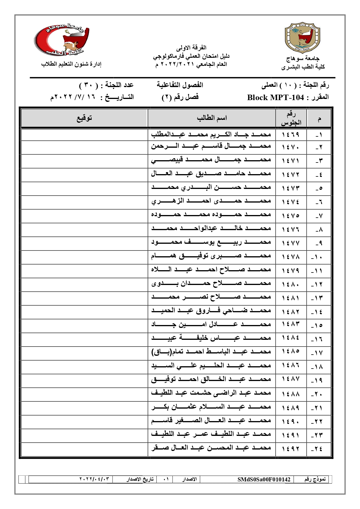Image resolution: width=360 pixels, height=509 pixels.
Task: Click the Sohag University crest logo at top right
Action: point(303,38)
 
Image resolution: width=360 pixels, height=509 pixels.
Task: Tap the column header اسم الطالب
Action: point(211,118)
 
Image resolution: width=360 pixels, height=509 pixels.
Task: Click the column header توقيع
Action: point(84,118)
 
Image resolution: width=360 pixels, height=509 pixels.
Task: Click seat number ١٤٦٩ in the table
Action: point(291,135)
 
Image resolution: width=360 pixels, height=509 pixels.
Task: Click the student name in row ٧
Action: point(211,215)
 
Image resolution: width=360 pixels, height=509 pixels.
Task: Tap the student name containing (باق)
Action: point(211,352)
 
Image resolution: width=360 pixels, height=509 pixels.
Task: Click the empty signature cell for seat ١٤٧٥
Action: point(84,216)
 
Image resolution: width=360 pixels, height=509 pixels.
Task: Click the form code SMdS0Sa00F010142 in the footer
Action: point(264,479)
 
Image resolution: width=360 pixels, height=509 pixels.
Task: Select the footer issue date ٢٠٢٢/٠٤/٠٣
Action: point(94,479)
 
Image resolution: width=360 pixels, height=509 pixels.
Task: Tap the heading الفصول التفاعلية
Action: point(180,85)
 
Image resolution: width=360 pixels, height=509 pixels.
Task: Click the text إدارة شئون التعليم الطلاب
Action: point(71,64)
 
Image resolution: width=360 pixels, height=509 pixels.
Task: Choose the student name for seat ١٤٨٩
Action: point(211,407)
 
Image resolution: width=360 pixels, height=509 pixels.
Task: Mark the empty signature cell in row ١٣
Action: point(84,298)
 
